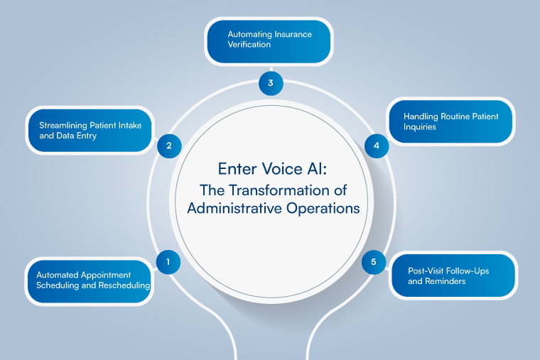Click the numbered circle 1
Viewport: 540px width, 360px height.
[168, 262]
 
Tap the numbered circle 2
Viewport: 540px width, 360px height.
[169, 146]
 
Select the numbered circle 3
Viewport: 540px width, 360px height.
[270, 83]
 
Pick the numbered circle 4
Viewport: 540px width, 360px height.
[377, 146]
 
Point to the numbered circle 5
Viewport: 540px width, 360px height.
[374, 262]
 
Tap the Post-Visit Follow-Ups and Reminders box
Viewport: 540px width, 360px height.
[453, 276]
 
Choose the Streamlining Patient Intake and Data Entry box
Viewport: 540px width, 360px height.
[90, 130]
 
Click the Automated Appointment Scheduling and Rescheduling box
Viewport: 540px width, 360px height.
[90, 280]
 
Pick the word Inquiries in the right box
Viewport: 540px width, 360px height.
[423, 126]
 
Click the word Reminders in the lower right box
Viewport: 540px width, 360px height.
[440, 281]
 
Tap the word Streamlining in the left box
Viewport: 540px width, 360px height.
[63, 125]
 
